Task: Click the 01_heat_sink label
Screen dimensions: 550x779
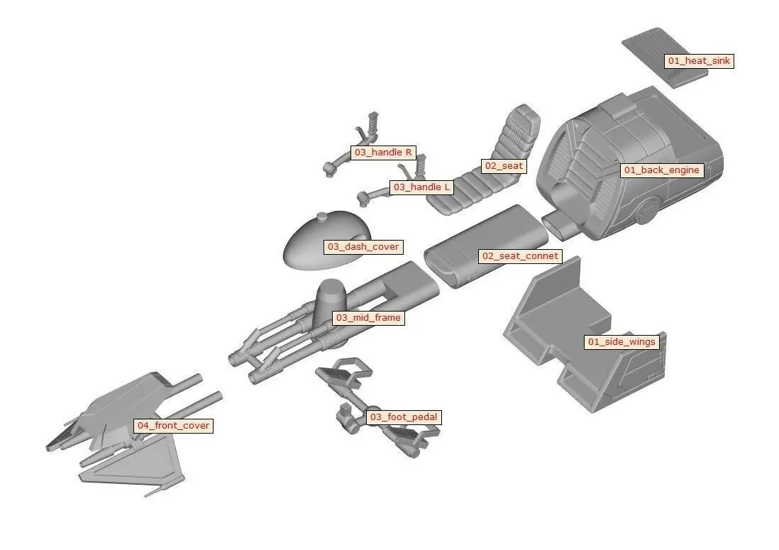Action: [x=698, y=61]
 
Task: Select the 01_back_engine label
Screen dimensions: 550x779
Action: [x=661, y=170]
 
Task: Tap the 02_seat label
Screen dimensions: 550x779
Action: [x=503, y=166]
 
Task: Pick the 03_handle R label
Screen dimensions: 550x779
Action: [x=383, y=153]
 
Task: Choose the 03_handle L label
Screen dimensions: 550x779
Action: [x=421, y=187]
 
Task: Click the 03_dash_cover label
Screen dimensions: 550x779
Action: [x=363, y=247]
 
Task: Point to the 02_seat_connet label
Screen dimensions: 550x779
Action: [x=520, y=255]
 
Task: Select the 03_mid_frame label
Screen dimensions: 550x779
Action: [x=368, y=318]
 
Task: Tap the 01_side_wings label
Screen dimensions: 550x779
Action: [x=621, y=342]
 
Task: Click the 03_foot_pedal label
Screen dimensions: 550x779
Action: [x=403, y=417]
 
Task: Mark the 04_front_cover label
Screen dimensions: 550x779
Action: [x=173, y=426]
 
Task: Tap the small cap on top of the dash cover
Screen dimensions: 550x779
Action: [x=321, y=216]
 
